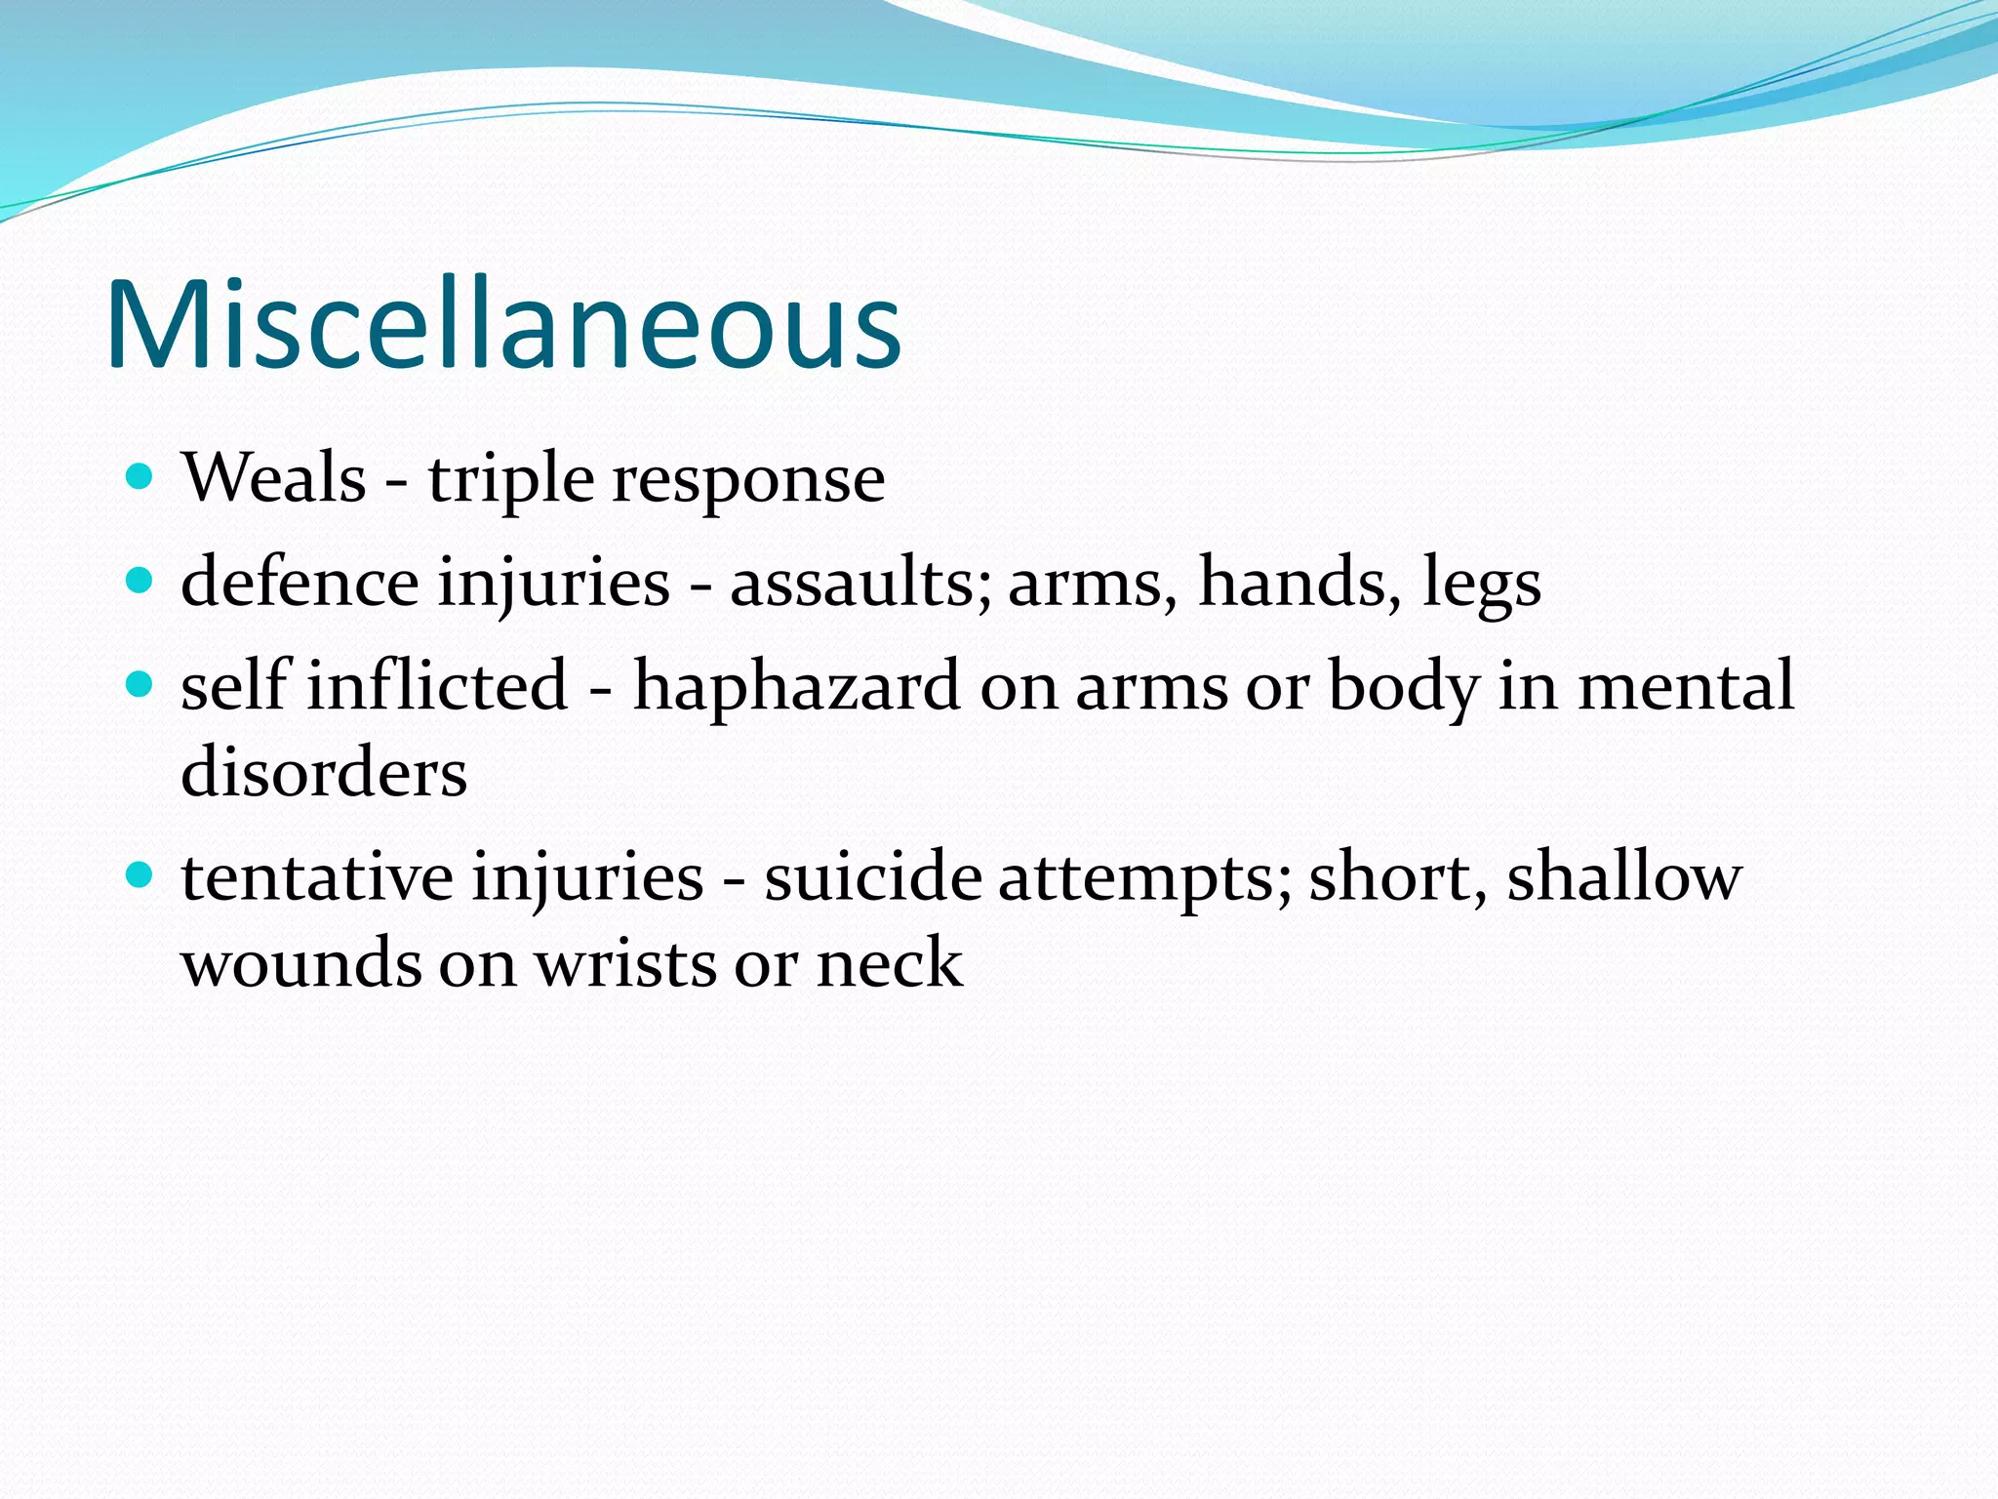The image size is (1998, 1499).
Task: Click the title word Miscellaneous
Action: pos(503,325)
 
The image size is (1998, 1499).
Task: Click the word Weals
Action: pos(274,478)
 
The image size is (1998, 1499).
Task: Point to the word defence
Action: pos(300,582)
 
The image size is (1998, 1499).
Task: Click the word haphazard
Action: pos(796,685)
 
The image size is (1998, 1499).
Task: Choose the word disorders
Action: pos(324,772)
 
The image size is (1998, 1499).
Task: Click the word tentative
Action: pos(317,876)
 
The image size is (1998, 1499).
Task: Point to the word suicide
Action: pos(872,876)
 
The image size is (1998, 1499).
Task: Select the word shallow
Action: pos(1623,876)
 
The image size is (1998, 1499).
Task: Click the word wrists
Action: pos(623,963)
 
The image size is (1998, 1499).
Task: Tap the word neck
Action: pos(889,963)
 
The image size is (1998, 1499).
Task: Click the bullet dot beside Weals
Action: pos(140,477)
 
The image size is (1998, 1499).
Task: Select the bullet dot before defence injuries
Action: pos(140,582)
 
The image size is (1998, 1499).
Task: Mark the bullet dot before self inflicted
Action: pos(140,685)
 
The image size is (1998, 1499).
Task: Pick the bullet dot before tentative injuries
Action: pos(140,875)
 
